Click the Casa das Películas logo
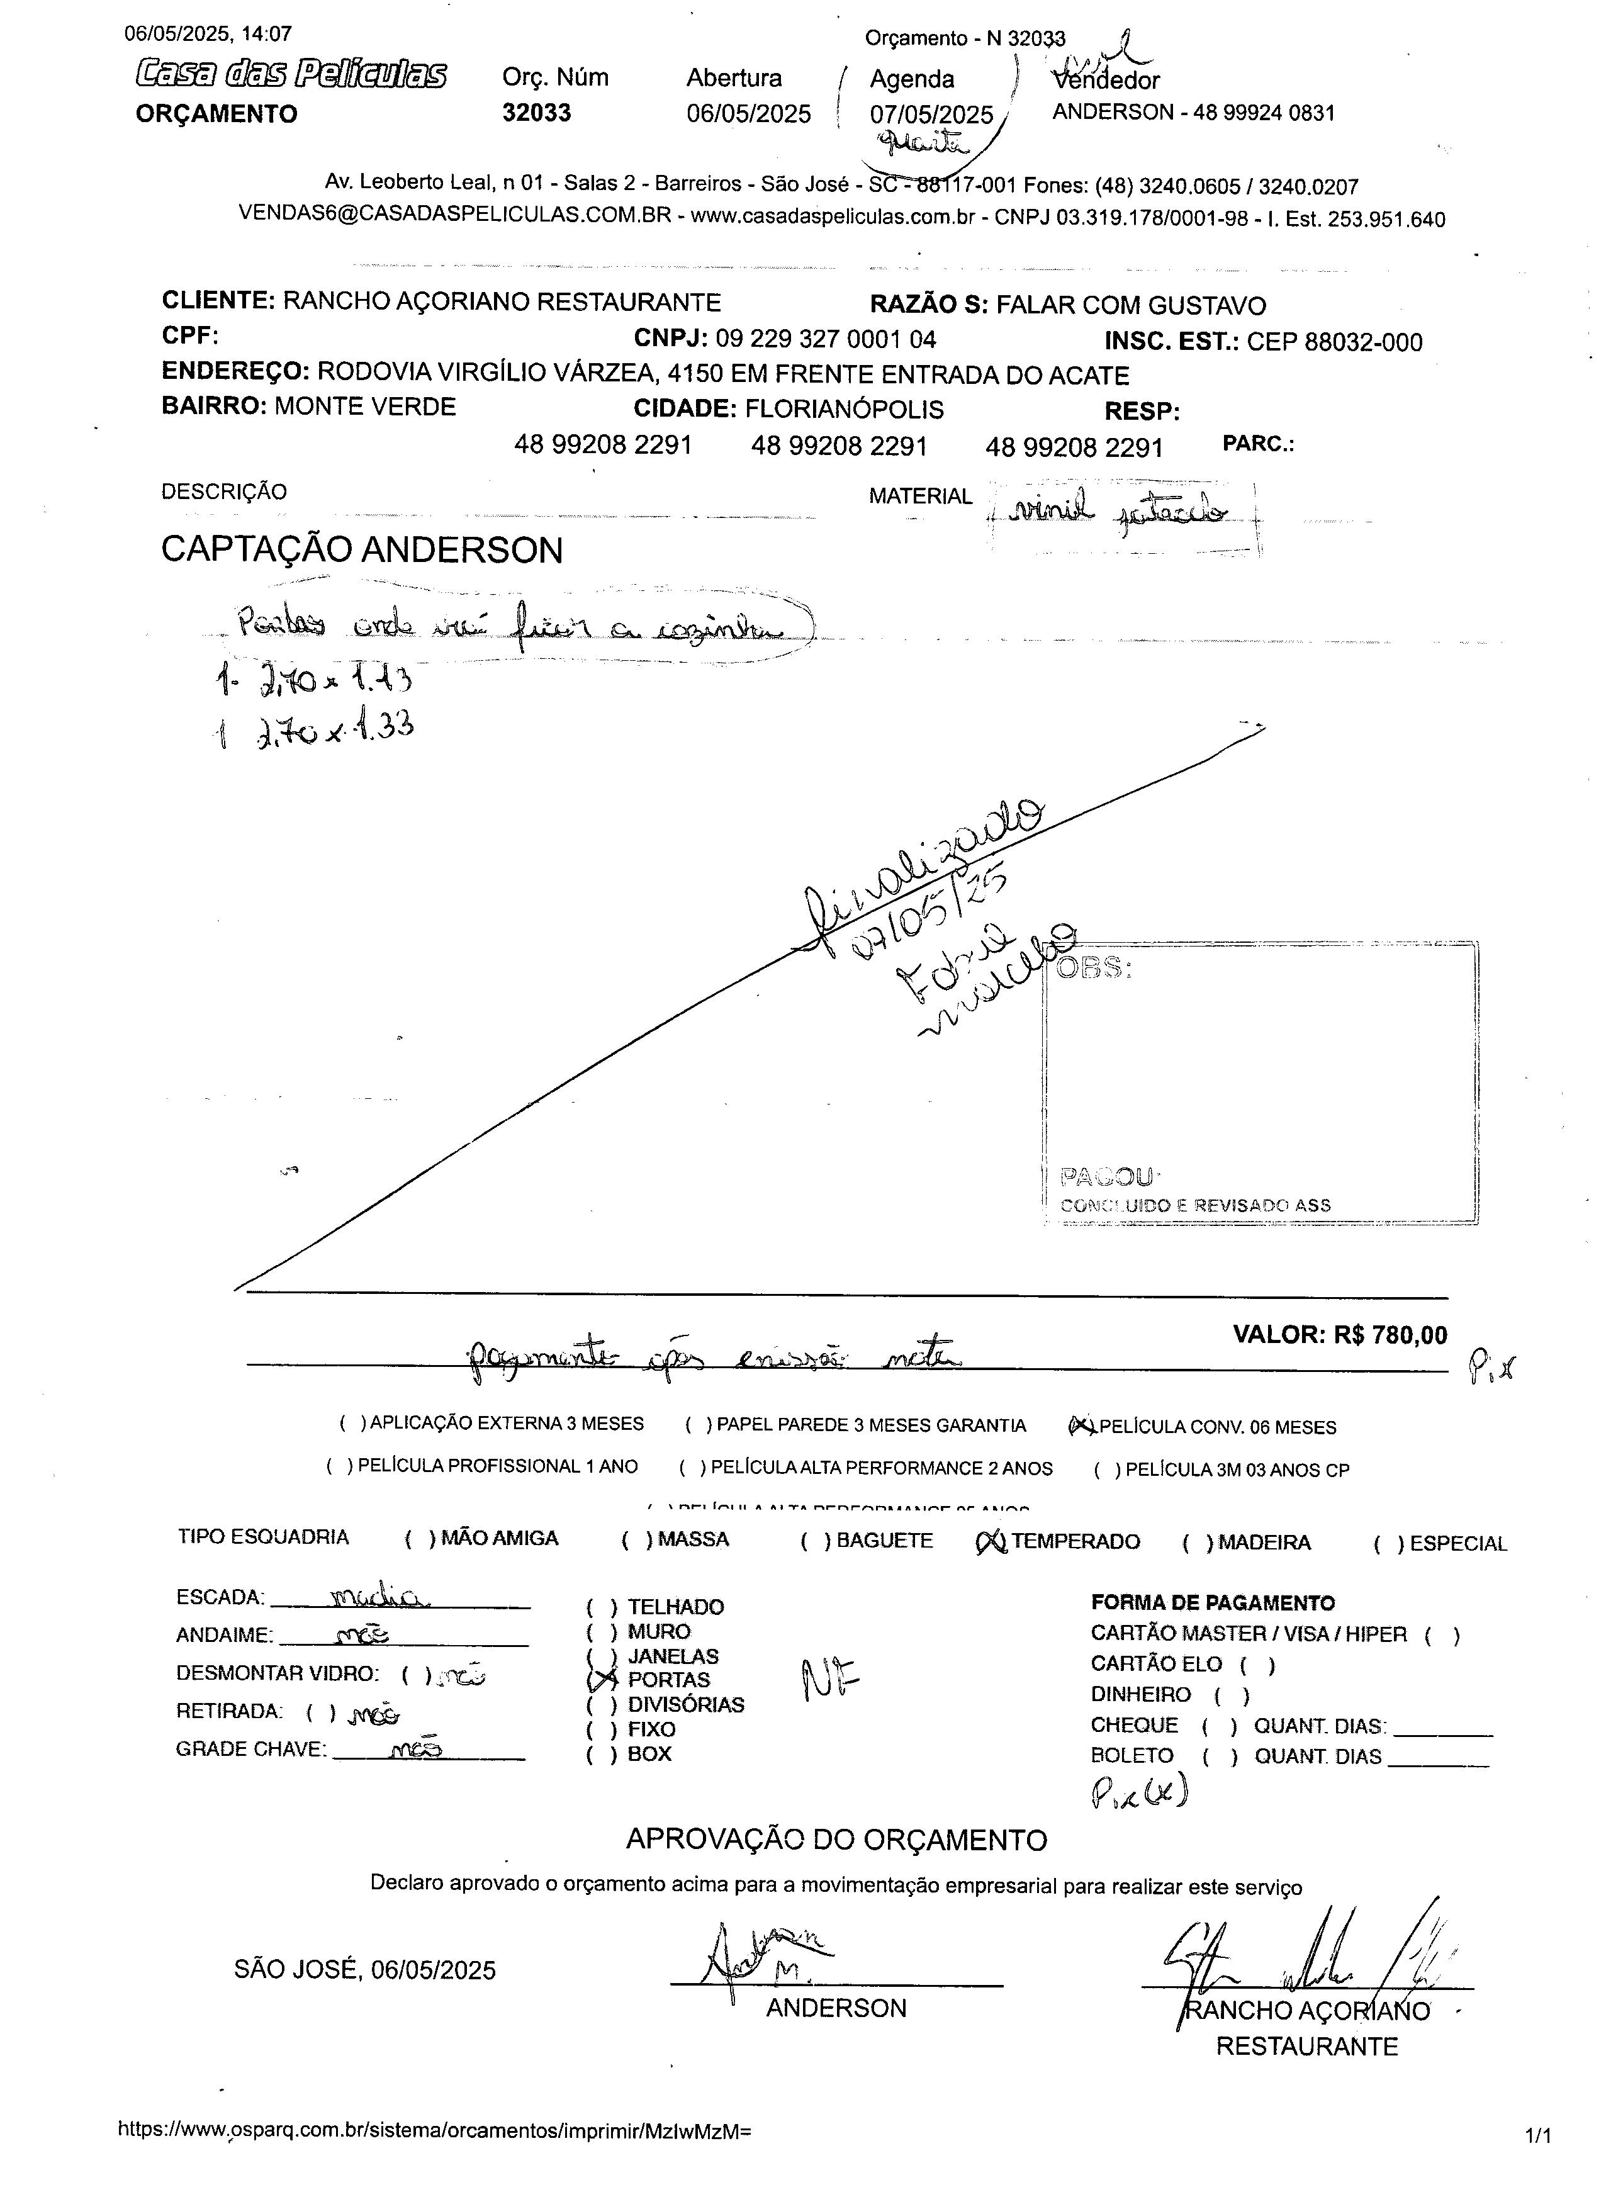(291, 74)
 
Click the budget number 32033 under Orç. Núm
(537, 113)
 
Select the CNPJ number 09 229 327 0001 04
(826, 339)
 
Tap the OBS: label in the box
(1095, 969)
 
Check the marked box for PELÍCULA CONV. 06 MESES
(1082, 1427)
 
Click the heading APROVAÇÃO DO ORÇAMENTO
(836, 1840)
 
